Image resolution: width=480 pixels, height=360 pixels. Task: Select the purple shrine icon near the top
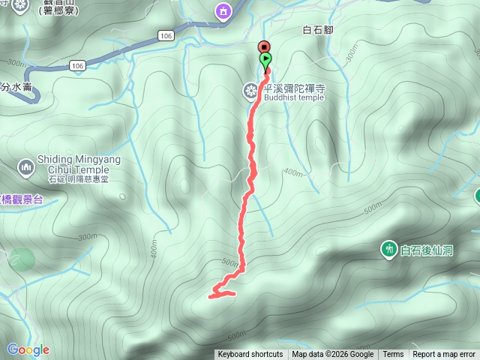pos(222,11)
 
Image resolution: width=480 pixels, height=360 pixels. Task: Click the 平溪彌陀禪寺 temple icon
pos(250,91)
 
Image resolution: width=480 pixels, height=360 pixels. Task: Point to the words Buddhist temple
pos(293,97)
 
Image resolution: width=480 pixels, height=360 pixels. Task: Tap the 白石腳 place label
pos(316,31)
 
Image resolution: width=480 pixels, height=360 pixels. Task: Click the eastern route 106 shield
pos(166,35)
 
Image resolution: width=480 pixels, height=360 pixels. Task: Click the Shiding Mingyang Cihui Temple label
pos(78,164)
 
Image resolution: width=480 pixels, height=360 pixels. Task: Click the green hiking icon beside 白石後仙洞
pos(388,249)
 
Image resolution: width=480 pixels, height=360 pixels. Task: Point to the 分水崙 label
pos(16,87)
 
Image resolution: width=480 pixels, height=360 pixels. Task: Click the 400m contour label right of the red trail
pos(294,173)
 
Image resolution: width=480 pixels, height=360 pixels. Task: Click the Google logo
pos(28,349)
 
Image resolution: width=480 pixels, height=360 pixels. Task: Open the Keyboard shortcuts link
pos(250,355)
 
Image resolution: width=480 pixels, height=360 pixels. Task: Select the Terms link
pos(393,355)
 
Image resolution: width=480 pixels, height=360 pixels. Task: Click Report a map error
pos(444,355)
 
